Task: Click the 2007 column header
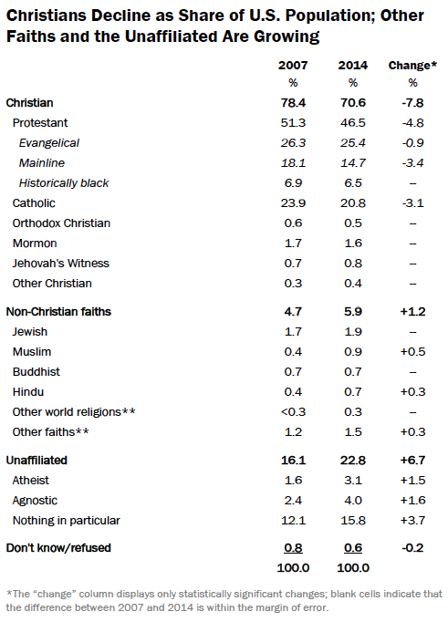293,65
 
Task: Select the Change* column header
412,65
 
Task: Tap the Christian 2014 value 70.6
353,103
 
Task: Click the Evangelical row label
49,143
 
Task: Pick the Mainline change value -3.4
412,162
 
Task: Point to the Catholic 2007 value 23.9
293,203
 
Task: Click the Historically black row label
64,183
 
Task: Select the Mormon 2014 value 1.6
353,244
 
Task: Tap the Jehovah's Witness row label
61,264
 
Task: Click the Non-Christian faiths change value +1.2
412,311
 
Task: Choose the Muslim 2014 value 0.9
353,351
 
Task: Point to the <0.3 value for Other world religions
293,411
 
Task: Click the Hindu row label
28,392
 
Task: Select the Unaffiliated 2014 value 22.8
353,461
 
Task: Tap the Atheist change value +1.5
412,481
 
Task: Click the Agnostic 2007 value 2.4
293,500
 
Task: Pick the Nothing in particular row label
67,521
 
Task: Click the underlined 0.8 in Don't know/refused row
293,548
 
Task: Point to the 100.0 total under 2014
353,567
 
